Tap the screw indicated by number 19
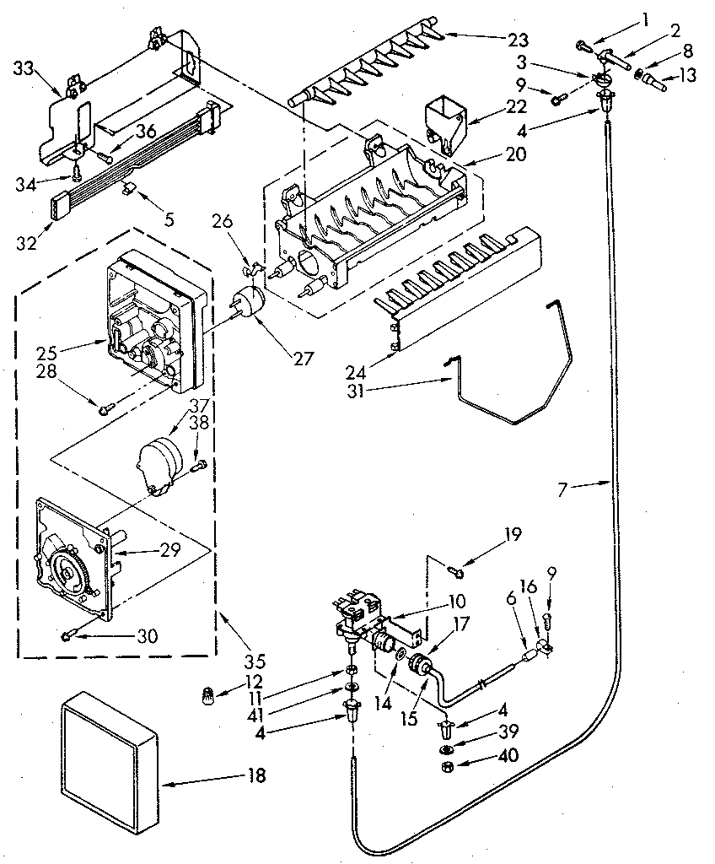[456, 573]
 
